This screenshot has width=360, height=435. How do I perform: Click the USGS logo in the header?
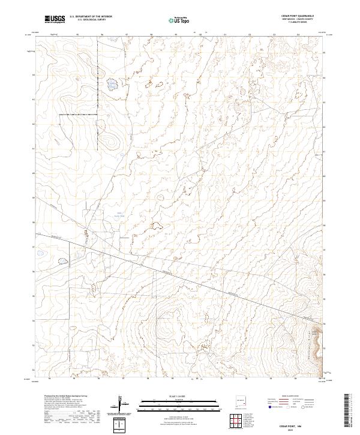[55, 20]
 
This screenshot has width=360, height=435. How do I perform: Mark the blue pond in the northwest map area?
[112, 85]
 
